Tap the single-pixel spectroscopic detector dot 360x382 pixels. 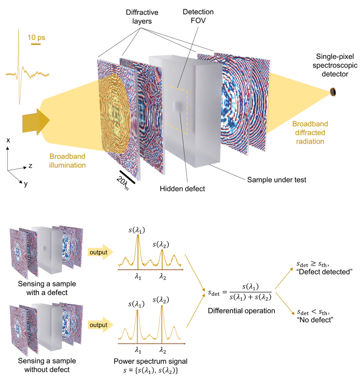[x=333, y=92]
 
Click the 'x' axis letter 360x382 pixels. [x=8, y=140]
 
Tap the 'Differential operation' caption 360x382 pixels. [x=241, y=311]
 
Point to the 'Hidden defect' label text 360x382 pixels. [x=182, y=189]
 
